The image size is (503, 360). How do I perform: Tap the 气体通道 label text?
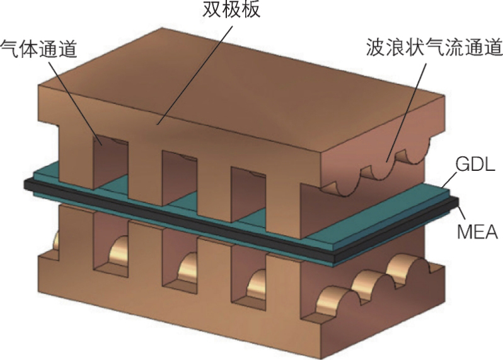point(38,48)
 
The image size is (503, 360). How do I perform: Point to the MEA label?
point(474,232)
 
